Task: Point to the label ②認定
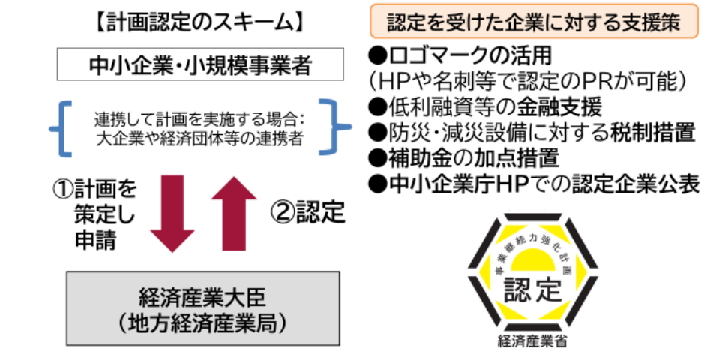[x=308, y=212]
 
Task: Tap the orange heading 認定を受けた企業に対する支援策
[x=534, y=22]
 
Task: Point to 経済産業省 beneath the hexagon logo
[x=532, y=341]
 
